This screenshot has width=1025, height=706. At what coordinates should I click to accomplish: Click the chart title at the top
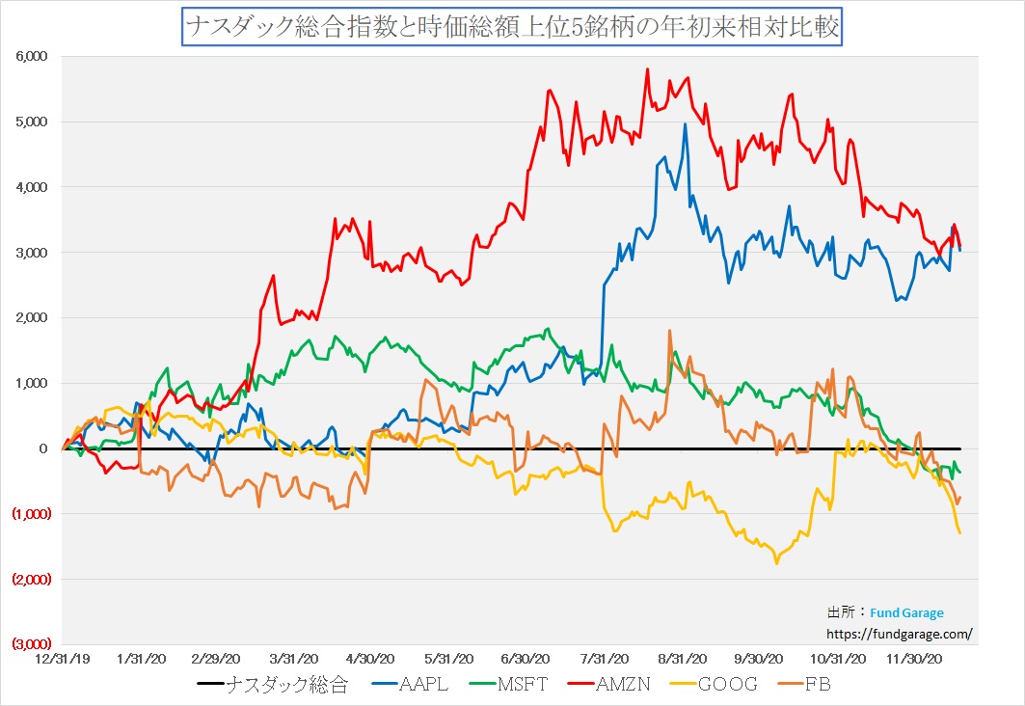512,28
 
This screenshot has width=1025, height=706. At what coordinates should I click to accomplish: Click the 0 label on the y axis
43,448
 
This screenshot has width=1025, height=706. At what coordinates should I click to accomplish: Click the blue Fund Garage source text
906,612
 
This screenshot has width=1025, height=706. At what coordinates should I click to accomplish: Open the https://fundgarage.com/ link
900,634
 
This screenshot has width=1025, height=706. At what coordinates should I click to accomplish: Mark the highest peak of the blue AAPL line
685,123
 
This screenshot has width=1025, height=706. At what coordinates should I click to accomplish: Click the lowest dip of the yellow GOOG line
777,563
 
